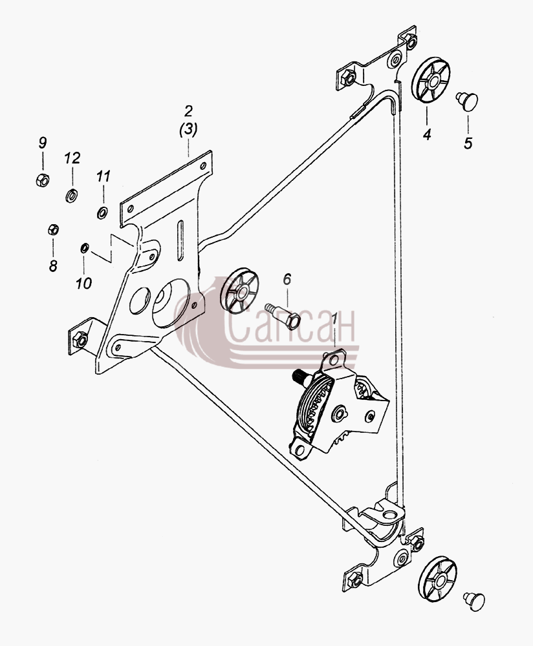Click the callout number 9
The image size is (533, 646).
pyautogui.click(x=43, y=143)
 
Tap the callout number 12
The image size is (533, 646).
pyautogui.click(x=72, y=158)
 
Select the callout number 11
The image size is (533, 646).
pyautogui.click(x=103, y=177)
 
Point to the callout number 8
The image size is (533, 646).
pyautogui.click(x=53, y=266)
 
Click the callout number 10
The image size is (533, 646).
pyautogui.click(x=83, y=284)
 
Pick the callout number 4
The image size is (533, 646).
pyautogui.click(x=427, y=134)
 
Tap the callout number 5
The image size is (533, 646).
pyautogui.click(x=468, y=144)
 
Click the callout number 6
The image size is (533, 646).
pyautogui.click(x=287, y=279)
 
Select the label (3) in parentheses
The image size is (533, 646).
pyautogui.click(x=188, y=129)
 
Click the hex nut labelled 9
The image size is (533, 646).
pyautogui.click(x=43, y=180)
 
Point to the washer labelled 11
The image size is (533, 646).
pyautogui.click(x=102, y=213)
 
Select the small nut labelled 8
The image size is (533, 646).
pyautogui.click(x=53, y=229)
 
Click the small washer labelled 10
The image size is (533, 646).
pyautogui.click(x=84, y=248)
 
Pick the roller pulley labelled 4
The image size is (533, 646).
pyautogui.click(x=431, y=80)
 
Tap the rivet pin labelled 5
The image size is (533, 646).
pyautogui.click(x=468, y=101)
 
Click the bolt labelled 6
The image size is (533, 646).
pyautogui.click(x=283, y=316)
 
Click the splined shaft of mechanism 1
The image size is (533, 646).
pyautogui.click(x=300, y=377)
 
